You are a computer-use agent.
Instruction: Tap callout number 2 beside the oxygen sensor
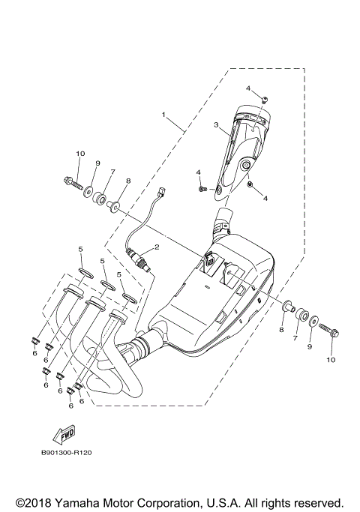157,246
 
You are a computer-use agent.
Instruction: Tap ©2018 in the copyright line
31,502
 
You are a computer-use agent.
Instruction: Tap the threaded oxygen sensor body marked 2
139,258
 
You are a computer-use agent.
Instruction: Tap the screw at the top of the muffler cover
264,100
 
